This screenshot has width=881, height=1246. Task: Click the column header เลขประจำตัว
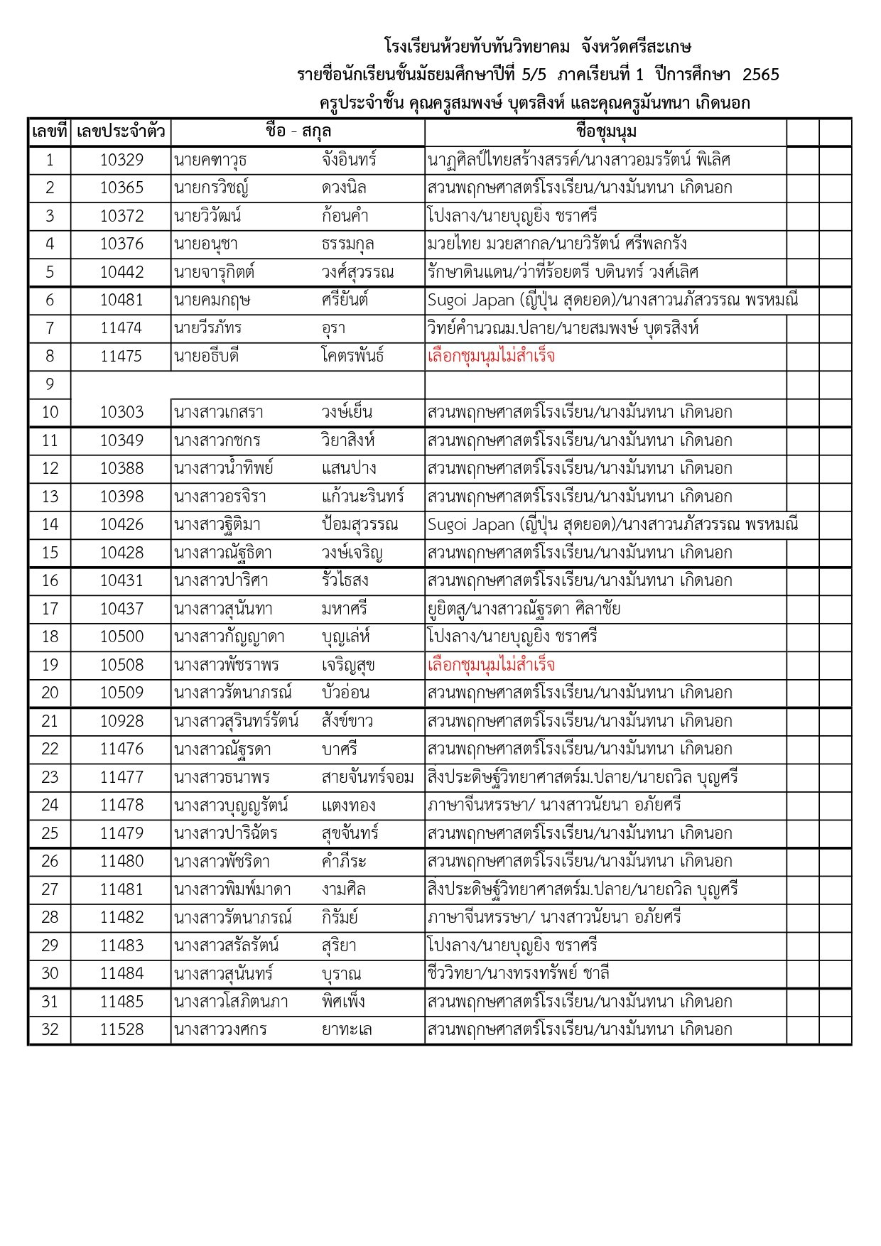pos(121,132)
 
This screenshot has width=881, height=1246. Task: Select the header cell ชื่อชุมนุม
pos(605,132)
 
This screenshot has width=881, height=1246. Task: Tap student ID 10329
pos(121,160)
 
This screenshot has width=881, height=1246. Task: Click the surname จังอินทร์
pos(349,160)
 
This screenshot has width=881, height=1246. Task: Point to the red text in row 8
pos(491,356)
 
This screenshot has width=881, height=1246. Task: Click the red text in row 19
pos(491,665)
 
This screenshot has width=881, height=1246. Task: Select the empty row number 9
pos(49,384)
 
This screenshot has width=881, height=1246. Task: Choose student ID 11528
pos(121,1029)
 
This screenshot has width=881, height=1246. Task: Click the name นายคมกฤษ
pos(212,300)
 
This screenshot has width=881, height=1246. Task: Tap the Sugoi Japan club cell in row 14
pos(612,524)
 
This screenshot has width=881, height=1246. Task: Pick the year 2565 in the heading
pos(760,75)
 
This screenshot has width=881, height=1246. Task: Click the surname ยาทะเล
pos(346,1029)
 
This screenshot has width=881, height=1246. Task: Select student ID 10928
pos(121,721)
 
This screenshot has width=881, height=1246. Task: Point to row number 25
pos(49,833)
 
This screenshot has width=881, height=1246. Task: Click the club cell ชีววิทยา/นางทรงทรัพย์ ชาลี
pos(518,973)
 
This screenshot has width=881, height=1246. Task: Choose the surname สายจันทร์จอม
pos(367,777)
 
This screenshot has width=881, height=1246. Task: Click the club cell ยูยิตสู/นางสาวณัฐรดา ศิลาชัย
pos(524,609)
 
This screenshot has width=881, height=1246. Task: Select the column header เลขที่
pos(49,132)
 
